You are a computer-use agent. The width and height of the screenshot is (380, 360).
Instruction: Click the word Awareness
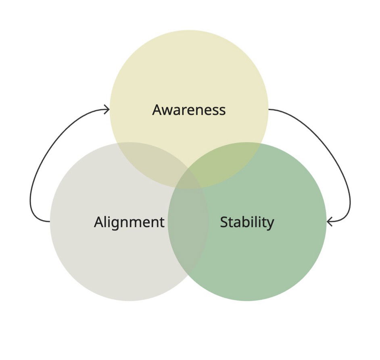[x=189, y=110]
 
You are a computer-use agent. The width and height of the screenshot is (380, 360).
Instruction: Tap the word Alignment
[x=129, y=222]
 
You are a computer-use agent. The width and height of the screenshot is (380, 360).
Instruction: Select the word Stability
[x=247, y=222]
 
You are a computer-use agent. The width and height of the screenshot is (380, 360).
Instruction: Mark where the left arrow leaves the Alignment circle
[x=50, y=221]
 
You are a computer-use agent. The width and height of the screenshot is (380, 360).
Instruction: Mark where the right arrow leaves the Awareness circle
[x=269, y=109]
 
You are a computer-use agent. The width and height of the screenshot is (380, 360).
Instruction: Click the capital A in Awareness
[x=158, y=110]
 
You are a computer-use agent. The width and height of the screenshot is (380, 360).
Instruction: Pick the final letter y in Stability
[x=270, y=224]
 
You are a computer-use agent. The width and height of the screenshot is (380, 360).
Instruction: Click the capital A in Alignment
[x=99, y=222]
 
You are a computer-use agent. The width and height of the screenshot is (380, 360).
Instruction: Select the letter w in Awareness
[x=169, y=111]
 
